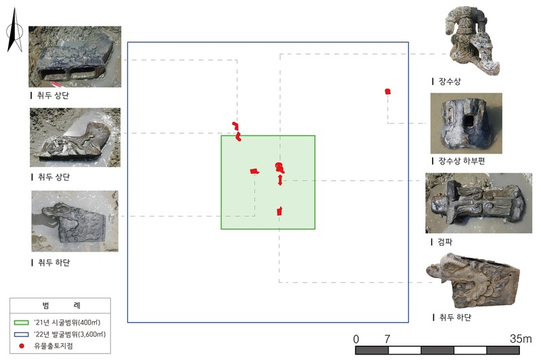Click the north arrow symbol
(x=14, y=31)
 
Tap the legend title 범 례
(x=61, y=305)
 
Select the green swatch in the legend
(x=21, y=323)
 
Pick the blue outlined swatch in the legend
(x=21, y=334)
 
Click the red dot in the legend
(x=22, y=346)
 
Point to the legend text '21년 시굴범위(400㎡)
(x=67, y=323)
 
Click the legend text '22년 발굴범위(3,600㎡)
(x=70, y=334)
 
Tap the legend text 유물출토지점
(x=53, y=346)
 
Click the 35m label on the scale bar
(x=521, y=338)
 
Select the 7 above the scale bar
(x=387, y=339)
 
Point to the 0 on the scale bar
(x=356, y=339)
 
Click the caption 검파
(x=445, y=242)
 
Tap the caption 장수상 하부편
(x=462, y=161)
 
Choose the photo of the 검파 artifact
(x=479, y=203)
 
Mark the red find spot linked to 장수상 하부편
(x=387, y=91)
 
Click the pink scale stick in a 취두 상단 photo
(x=56, y=85)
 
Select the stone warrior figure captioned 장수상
(x=472, y=41)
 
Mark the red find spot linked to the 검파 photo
(x=280, y=179)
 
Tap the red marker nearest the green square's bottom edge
(x=280, y=211)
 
